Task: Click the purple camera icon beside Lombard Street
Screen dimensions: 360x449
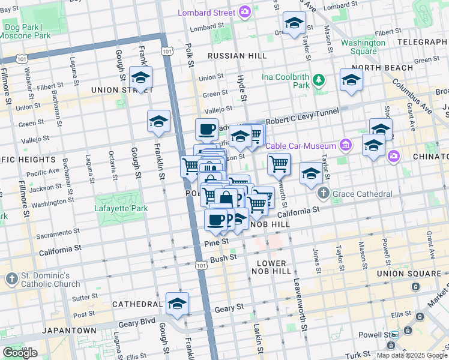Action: [244, 12]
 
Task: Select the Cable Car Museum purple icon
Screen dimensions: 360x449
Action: [345, 145]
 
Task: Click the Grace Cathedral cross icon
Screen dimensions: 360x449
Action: [324, 194]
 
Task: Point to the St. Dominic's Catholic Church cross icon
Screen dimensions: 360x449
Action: [11, 279]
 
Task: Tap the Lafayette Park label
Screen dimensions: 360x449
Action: [121, 209]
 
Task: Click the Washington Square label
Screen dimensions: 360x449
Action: [363, 47]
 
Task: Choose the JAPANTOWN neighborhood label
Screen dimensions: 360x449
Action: [22, 331]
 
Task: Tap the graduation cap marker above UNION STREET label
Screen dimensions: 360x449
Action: [141, 78]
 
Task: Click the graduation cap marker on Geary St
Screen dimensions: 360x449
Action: [177, 304]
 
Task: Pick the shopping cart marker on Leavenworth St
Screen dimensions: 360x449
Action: [279, 164]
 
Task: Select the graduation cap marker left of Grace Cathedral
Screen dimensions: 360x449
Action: [310, 173]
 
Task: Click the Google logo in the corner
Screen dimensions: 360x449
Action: [20, 353]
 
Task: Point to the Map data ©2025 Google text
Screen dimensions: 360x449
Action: [411, 355]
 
